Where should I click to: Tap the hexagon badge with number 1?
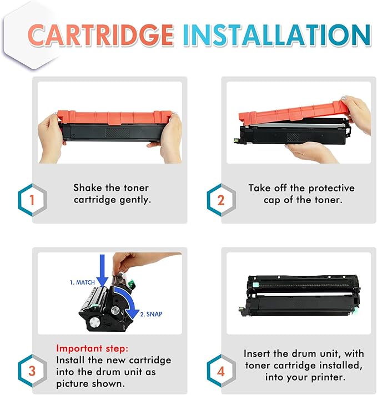(32, 199)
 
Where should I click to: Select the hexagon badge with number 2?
(220, 199)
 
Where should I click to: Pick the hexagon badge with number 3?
(32, 369)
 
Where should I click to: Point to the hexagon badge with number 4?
(220, 369)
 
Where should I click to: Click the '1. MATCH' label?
(82, 282)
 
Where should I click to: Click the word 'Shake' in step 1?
(88, 188)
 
